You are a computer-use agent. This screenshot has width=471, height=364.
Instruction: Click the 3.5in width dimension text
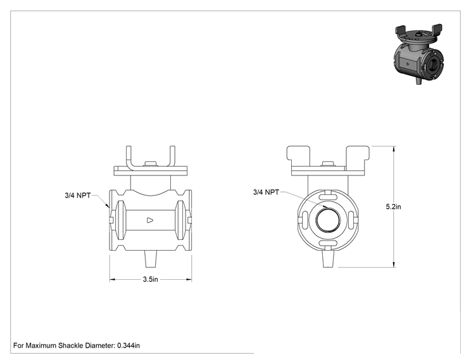[x=150, y=279]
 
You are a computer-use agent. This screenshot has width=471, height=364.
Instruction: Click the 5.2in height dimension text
[x=393, y=206]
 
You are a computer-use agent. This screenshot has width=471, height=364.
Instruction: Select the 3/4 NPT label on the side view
[x=77, y=195]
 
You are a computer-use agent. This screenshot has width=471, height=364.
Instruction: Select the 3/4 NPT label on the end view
[x=266, y=192]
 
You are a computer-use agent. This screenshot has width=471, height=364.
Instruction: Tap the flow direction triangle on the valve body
[x=150, y=220]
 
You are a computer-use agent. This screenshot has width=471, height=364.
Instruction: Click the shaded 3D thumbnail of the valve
[x=418, y=54]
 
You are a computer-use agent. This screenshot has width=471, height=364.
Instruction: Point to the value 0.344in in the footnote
[x=129, y=346]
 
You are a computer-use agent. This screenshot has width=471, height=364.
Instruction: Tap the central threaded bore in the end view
[x=328, y=220]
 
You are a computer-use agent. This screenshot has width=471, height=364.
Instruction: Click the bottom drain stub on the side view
[x=151, y=259]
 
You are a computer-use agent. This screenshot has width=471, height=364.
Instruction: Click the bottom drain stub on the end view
[x=328, y=259]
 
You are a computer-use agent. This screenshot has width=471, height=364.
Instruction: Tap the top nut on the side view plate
[x=151, y=164]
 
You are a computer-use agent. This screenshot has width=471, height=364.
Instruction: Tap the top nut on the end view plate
[x=328, y=164]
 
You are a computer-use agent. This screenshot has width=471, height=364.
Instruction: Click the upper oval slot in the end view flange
[x=328, y=197]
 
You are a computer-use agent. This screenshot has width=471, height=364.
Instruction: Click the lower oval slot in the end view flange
[x=328, y=244]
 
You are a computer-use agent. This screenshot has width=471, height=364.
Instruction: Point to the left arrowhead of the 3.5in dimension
[x=112, y=280]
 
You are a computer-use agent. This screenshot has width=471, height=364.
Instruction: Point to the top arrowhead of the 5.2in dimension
[x=394, y=149]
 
